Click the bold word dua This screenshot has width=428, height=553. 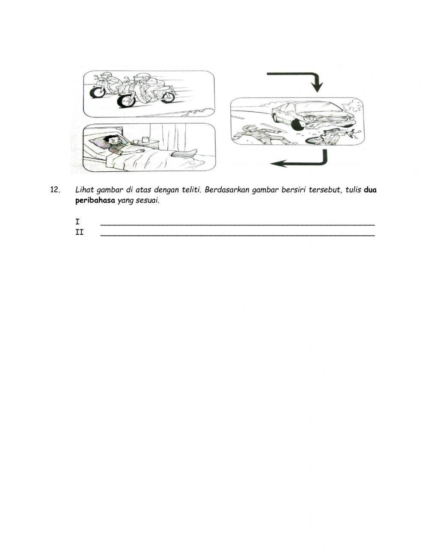coord(370,190)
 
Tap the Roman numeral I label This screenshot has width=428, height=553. coord(77,222)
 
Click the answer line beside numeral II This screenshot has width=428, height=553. coord(237,235)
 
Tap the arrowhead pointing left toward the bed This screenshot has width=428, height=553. coord(278,163)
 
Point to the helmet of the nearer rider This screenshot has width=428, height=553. coord(139,78)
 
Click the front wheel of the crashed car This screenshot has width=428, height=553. coord(298,124)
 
